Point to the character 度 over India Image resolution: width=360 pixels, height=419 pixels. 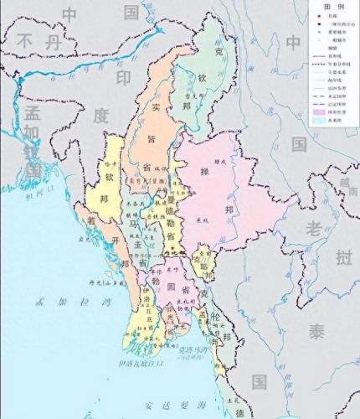[x=100, y=116]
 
